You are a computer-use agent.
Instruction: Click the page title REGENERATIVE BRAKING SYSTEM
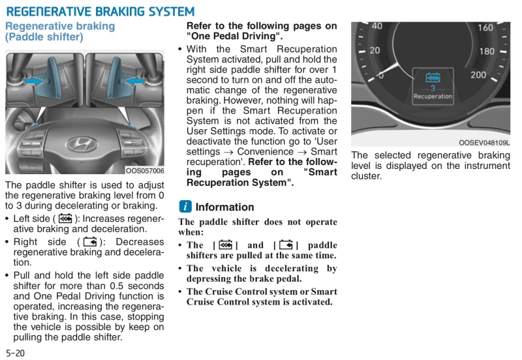tap(100, 12)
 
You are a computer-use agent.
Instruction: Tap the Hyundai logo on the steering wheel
tap(82, 144)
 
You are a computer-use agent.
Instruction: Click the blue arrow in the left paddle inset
tap(33, 81)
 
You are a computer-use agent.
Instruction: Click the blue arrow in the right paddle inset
tap(136, 81)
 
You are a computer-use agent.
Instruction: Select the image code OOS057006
tap(145, 171)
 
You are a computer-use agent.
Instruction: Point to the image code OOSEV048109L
tap(484, 143)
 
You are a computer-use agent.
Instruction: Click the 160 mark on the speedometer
tap(485, 27)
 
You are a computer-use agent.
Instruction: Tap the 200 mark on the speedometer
tap(478, 75)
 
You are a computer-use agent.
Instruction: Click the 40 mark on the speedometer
tap(377, 26)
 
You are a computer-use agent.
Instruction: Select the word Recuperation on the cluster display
tap(433, 97)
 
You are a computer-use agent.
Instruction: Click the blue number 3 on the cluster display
tap(433, 88)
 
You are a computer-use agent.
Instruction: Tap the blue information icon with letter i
tap(185, 207)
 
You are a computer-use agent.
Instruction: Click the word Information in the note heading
tap(224, 207)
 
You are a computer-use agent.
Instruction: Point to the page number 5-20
tap(15, 353)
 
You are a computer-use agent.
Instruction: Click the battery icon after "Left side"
tap(65, 218)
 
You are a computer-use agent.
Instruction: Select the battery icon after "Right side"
tap(90, 242)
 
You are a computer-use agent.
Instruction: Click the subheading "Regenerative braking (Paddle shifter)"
tap(60, 31)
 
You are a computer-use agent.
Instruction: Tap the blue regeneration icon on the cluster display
tap(433, 78)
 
